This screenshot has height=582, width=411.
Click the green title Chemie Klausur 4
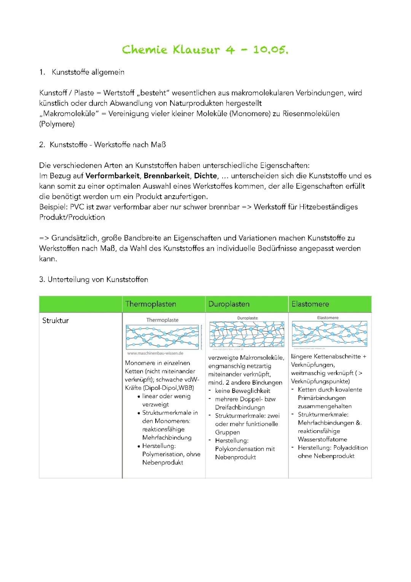point(205,50)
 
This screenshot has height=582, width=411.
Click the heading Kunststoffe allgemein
point(88,72)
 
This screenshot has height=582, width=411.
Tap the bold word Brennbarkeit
point(166,176)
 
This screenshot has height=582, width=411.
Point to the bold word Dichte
point(205,176)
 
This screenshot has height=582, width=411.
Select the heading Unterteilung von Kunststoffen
point(97,279)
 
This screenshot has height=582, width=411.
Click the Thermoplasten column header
point(151,304)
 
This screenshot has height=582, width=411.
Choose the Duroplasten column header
point(229,304)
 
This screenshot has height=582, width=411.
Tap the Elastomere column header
point(310,304)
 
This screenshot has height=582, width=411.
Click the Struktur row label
point(56,321)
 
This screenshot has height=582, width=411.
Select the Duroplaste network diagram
point(247,334)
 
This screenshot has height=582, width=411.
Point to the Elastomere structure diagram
point(329,334)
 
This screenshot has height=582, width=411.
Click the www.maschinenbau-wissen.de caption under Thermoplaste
point(155,353)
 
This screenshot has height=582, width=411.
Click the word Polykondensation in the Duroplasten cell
point(239,449)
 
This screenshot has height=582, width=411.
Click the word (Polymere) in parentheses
point(57,124)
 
